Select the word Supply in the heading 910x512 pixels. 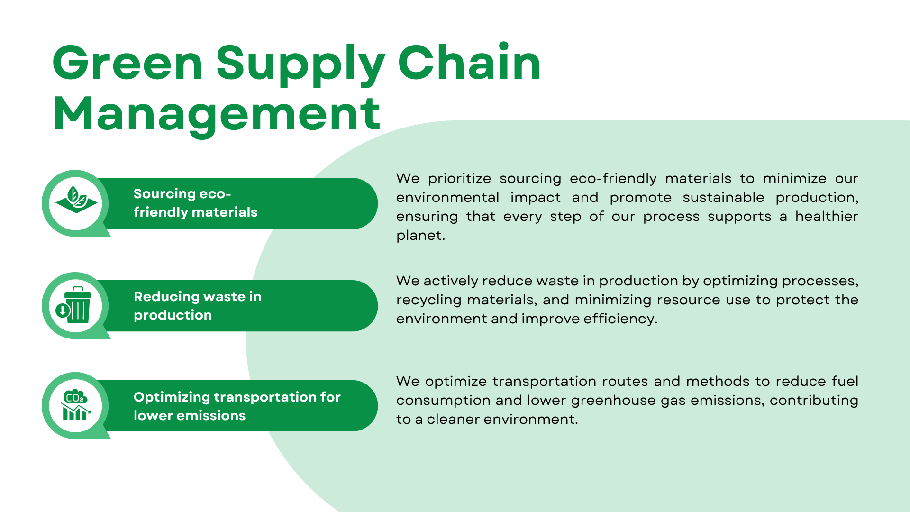click(x=300, y=65)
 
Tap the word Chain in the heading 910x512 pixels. click(x=469, y=61)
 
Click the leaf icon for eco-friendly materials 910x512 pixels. click(x=76, y=200)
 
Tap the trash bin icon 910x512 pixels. click(x=78, y=305)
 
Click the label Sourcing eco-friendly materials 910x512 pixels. click(x=195, y=203)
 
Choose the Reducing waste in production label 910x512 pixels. click(x=198, y=306)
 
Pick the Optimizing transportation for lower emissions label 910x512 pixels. click(x=237, y=406)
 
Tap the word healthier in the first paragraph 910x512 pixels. click(x=827, y=216)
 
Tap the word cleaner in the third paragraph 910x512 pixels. click(x=453, y=420)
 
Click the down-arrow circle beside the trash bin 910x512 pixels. click(x=62, y=311)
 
